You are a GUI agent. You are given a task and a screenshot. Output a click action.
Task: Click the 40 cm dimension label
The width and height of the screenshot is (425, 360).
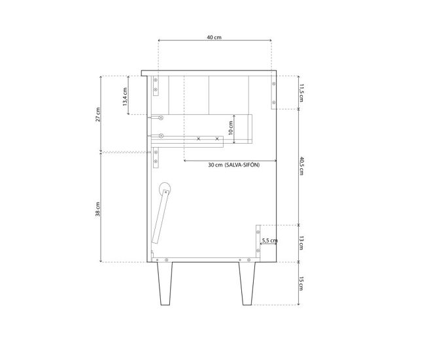(x=214, y=37)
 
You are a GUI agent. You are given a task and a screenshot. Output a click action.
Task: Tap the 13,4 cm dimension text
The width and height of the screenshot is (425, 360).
(x=126, y=97)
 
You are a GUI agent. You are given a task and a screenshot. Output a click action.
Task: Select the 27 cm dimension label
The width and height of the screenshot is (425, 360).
(x=98, y=114)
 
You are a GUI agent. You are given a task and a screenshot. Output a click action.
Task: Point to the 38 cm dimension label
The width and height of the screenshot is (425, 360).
(x=98, y=209)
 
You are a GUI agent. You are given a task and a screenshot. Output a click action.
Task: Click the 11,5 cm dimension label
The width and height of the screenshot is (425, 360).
(x=301, y=93)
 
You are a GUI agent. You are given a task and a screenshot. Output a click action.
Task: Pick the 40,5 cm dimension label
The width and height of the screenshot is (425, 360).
(x=301, y=165)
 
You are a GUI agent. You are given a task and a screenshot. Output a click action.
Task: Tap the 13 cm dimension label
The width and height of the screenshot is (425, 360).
(x=301, y=242)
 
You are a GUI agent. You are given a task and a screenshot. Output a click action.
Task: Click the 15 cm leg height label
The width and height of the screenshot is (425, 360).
(x=301, y=284)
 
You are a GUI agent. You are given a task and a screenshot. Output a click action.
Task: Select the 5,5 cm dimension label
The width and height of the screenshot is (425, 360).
(x=269, y=240)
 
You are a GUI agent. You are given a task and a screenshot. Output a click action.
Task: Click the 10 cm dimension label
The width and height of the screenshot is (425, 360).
(x=231, y=128)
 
